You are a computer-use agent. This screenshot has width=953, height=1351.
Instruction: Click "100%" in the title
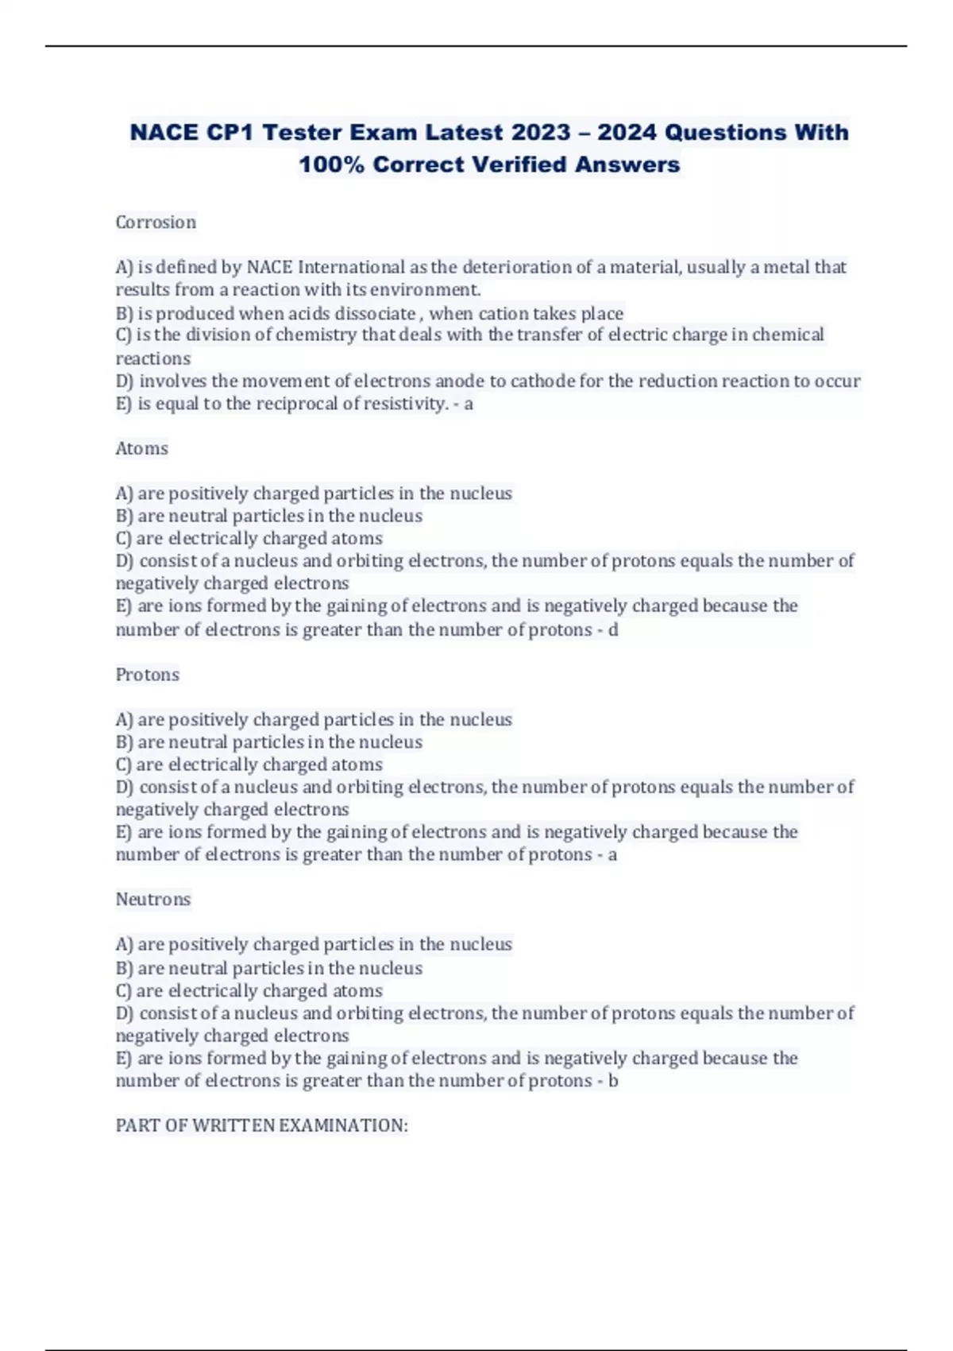click(x=331, y=165)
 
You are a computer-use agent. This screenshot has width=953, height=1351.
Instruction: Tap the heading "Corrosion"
click(x=156, y=223)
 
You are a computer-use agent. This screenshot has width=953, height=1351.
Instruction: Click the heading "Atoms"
click(x=142, y=449)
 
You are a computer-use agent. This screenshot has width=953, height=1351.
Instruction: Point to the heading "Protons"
click(x=148, y=675)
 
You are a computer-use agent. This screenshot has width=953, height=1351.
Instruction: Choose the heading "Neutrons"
click(x=153, y=900)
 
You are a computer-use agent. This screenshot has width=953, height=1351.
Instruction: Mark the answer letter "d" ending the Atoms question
click(x=612, y=630)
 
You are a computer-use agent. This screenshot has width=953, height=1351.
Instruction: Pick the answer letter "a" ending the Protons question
click(x=612, y=855)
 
